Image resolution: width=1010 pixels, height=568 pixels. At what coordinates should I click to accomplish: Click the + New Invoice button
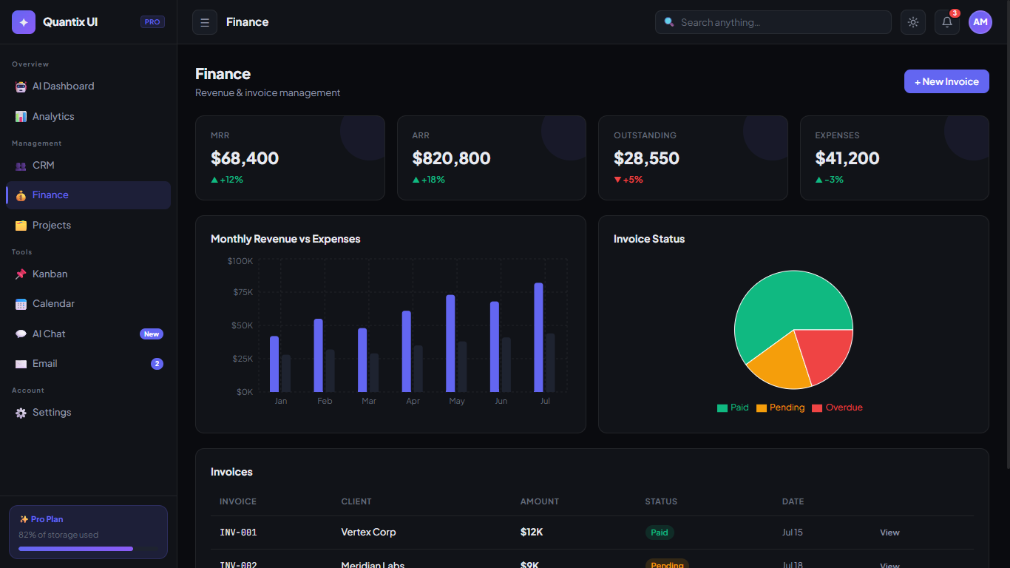click(x=946, y=81)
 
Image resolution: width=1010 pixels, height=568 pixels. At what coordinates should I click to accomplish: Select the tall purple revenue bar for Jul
click(x=538, y=337)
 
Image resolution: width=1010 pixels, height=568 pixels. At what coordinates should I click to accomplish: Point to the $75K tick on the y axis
click(x=243, y=292)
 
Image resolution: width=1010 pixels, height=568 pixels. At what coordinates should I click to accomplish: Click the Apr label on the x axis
click(x=413, y=401)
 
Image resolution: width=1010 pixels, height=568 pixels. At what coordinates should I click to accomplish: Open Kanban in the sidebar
click(x=50, y=274)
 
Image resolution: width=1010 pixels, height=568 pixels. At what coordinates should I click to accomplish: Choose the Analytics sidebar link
click(x=53, y=116)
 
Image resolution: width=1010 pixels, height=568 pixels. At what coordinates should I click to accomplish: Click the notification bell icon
click(x=946, y=22)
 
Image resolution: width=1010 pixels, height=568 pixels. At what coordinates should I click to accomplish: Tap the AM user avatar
click(x=980, y=22)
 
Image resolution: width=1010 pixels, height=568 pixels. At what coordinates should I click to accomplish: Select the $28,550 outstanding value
click(x=646, y=158)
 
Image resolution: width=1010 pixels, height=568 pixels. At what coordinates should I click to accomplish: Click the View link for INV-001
click(x=889, y=532)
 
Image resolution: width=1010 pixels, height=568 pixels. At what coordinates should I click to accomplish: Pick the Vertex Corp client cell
click(x=368, y=532)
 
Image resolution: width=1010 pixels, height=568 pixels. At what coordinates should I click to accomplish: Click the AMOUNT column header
click(x=539, y=501)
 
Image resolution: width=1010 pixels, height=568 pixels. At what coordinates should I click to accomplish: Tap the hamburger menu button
click(x=205, y=22)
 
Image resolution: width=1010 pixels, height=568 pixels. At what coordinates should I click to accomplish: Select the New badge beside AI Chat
click(x=151, y=334)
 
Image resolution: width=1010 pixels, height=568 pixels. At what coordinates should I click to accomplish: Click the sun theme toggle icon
click(x=912, y=22)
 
